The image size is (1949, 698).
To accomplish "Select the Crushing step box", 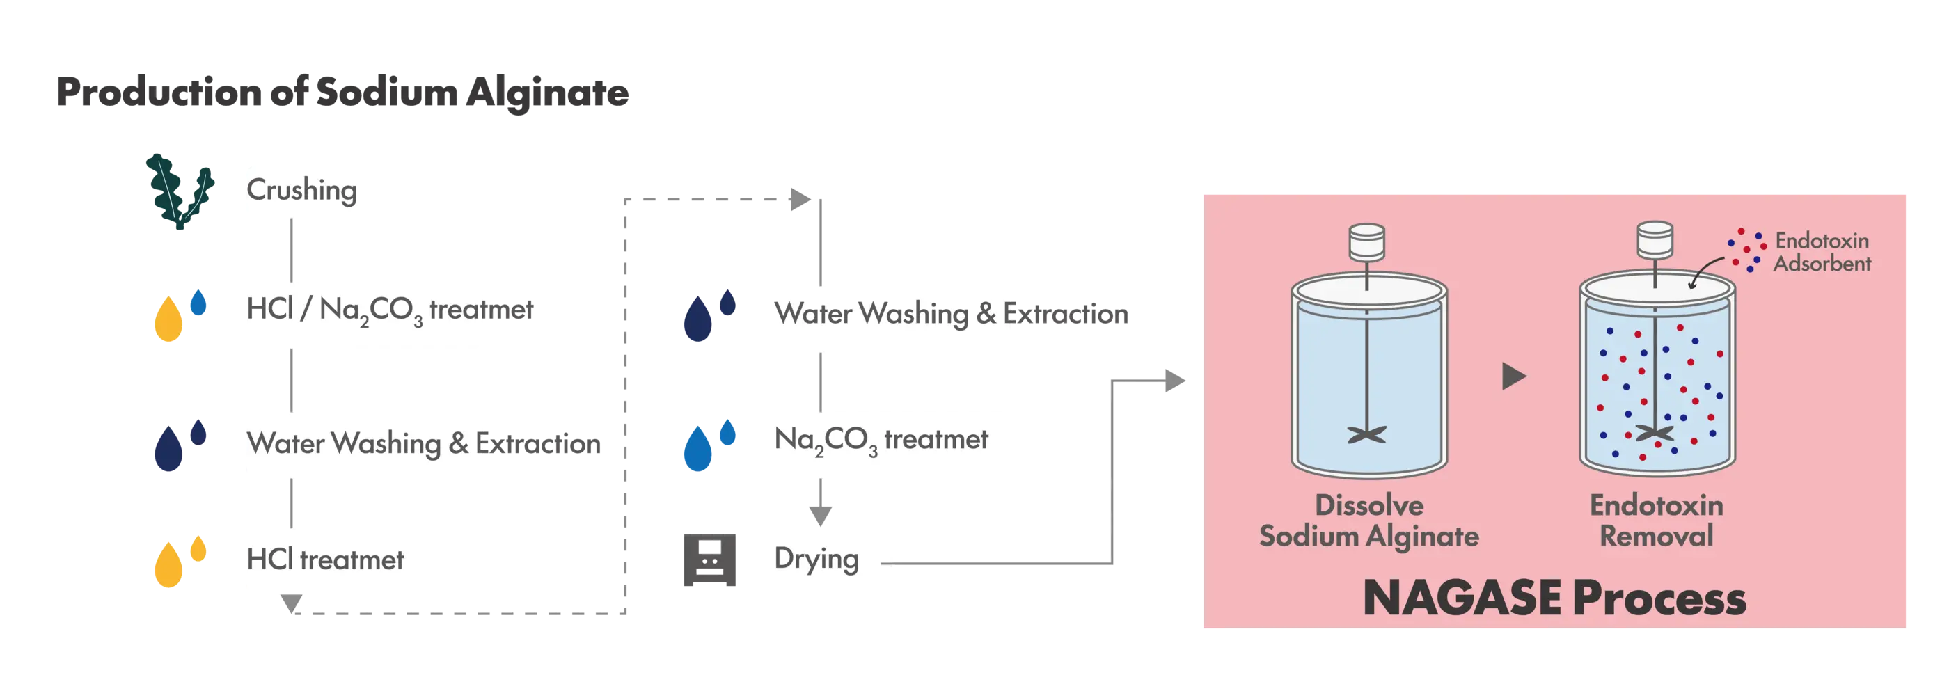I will pyautogui.click(x=310, y=191).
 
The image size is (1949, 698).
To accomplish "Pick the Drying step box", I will pyautogui.click(x=830, y=560).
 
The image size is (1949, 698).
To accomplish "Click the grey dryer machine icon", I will pyautogui.click(x=710, y=560).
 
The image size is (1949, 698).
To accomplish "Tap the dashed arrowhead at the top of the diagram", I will pyautogui.click(x=799, y=200).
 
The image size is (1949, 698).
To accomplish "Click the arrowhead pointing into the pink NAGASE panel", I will pyautogui.click(x=1175, y=381).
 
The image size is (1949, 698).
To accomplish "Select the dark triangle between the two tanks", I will pyautogui.click(x=1513, y=376).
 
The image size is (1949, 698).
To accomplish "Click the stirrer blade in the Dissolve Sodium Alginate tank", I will pyautogui.click(x=1366, y=435).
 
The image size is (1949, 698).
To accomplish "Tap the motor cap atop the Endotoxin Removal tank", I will pyautogui.click(x=1655, y=239).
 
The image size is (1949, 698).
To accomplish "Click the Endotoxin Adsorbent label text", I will pyautogui.click(x=1822, y=253).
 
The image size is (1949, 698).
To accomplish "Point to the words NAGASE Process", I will pyautogui.click(x=1554, y=599).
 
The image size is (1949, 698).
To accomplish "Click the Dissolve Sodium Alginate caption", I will pyautogui.click(x=1368, y=521).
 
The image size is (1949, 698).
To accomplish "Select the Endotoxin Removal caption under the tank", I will pyautogui.click(x=1656, y=521).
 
